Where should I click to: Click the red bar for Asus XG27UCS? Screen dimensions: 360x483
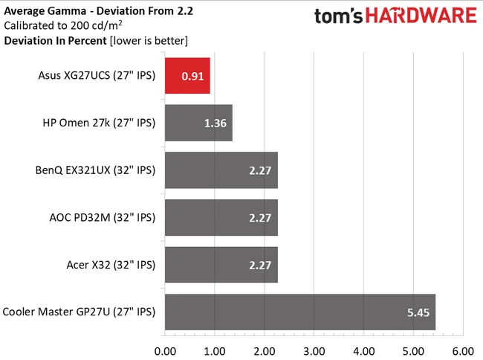[187, 75]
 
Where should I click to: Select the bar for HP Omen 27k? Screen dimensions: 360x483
[198, 123]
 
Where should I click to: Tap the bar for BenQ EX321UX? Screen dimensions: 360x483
[221, 170]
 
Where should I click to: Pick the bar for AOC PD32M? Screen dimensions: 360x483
[221, 218]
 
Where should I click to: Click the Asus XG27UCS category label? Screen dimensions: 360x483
[96, 75]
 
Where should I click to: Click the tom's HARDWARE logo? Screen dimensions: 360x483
[395, 18]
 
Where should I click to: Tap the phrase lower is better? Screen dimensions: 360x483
[148, 40]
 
